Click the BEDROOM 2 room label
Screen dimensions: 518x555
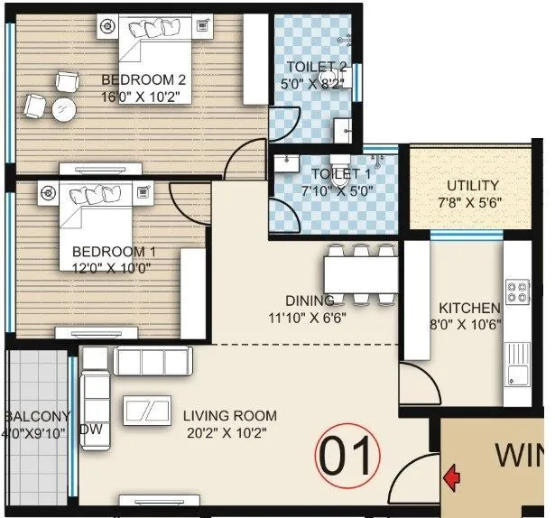(x=143, y=79)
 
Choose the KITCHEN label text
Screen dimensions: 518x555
(x=469, y=308)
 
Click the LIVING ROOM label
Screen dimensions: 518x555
(x=229, y=416)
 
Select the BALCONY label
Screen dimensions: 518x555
(x=37, y=416)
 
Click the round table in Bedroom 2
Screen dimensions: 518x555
(x=63, y=110)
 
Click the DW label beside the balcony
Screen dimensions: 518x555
(x=90, y=430)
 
